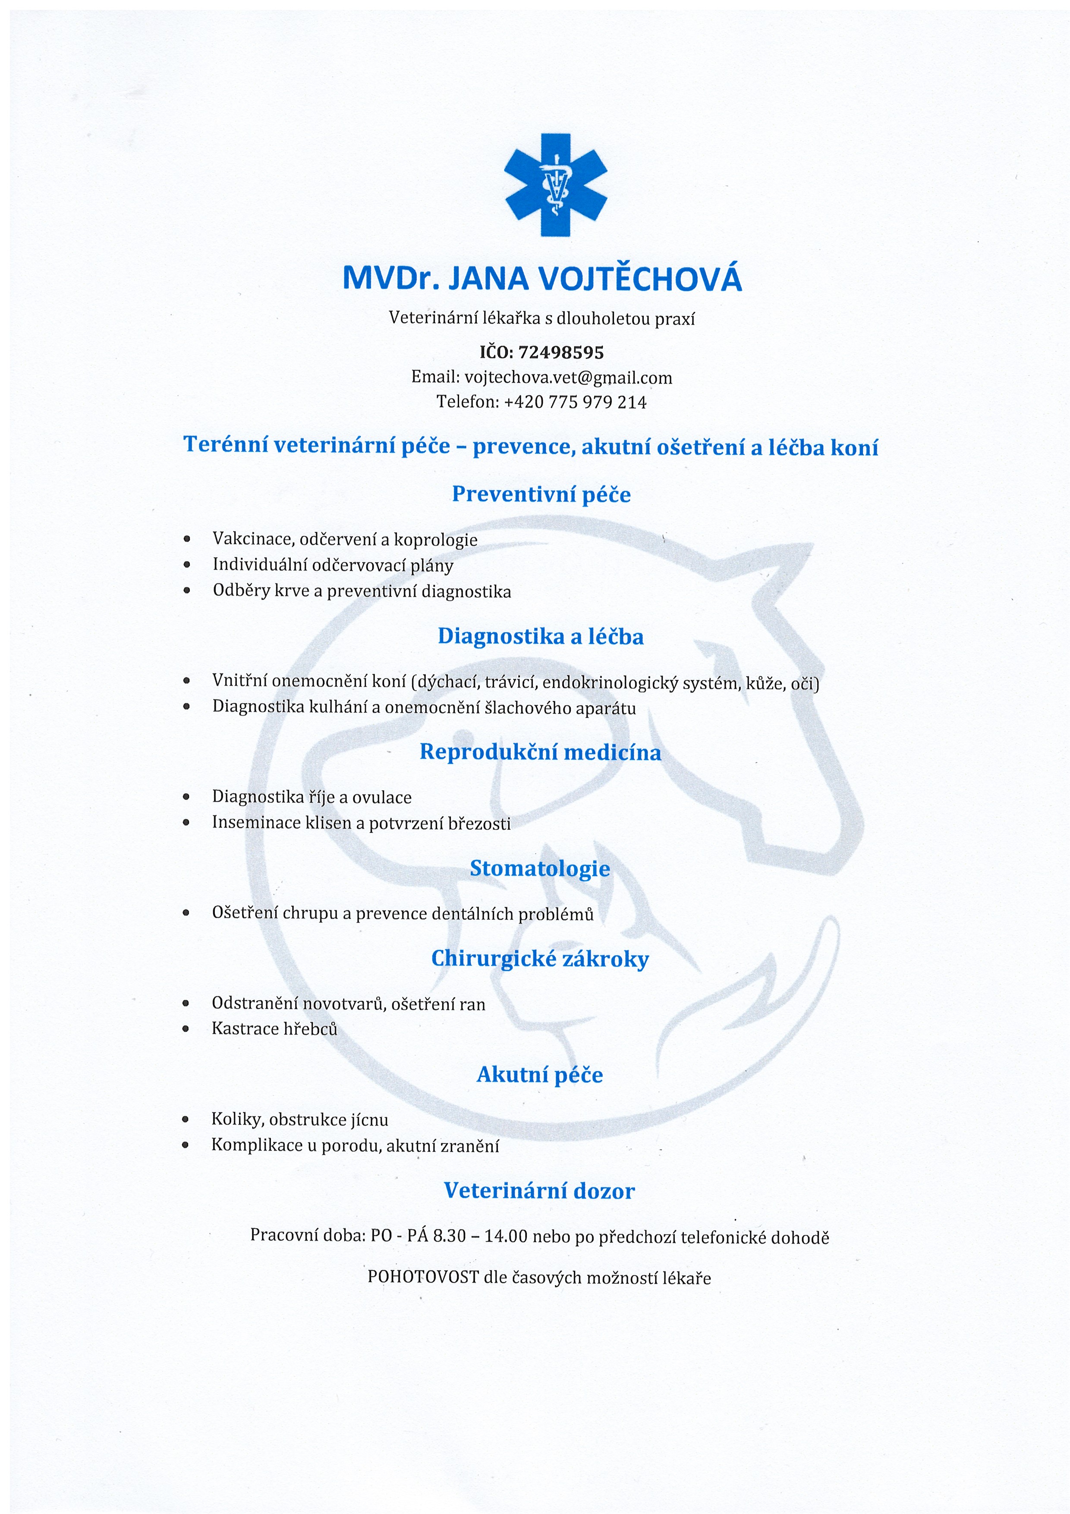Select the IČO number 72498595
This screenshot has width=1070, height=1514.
tap(561, 352)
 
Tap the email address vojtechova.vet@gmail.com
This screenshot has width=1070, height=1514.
tap(568, 378)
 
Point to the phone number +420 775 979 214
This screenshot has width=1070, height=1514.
tap(575, 402)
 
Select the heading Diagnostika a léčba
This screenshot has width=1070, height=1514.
tap(541, 636)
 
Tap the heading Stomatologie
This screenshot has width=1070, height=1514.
tap(539, 868)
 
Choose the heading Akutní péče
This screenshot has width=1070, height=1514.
tap(539, 1074)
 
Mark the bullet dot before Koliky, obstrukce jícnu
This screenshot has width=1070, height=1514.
tap(186, 1120)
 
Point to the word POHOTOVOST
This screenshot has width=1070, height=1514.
tap(422, 1277)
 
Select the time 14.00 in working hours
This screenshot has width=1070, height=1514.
tap(506, 1236)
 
